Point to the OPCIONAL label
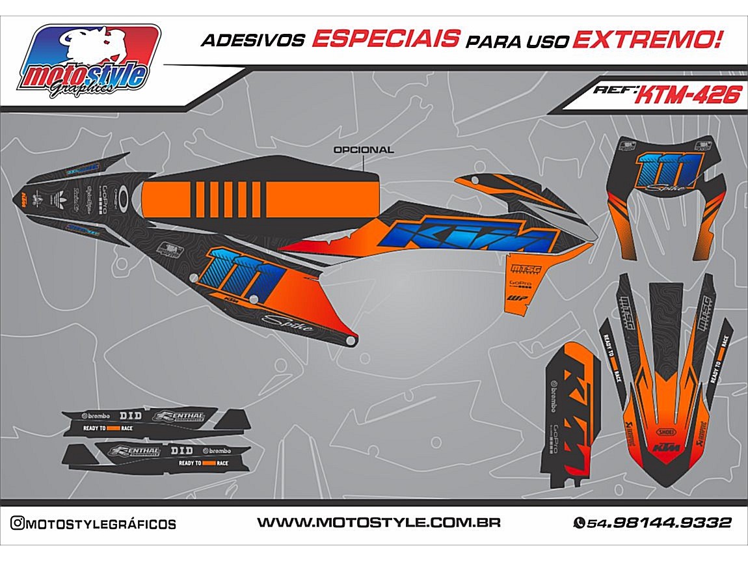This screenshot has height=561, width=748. (363, 150)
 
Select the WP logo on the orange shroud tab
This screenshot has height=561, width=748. (518, 299)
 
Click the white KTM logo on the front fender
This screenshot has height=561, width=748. (665, 448)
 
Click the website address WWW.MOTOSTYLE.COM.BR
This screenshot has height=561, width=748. (379, 523)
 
